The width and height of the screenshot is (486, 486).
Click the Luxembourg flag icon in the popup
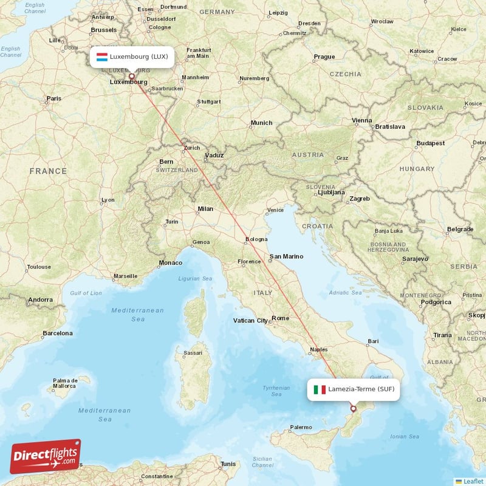click(x=102, y=57)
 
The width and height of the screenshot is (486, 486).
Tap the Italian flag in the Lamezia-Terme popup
click(x=320, y=389)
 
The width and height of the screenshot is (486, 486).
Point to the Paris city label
click(x=54, y=98)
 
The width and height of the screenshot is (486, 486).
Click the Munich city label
click(x=261, y=123)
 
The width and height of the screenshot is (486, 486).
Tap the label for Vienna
click(x=361, y=120)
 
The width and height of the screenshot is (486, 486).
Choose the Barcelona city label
click(x=57, y=334)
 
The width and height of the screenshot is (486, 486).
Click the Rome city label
click(x=281, y=318)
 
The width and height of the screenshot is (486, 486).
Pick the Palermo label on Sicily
click(x=301, y=428)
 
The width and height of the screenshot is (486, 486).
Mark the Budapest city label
click(x=431, y=143)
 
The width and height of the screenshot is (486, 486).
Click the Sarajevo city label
click(x=414, y=259)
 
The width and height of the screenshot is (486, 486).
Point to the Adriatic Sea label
click(x=345, y=293)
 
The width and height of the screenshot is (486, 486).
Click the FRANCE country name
click(x=48, y=171)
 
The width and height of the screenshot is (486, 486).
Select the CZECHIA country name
click(x=345, y=74)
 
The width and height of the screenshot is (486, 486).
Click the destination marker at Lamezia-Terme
click(x=353, y=409)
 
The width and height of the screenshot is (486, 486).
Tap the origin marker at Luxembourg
click(x=132, y=76)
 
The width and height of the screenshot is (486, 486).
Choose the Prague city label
click(x=324, y=57)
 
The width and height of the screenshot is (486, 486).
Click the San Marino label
click(x=286, y=256)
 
